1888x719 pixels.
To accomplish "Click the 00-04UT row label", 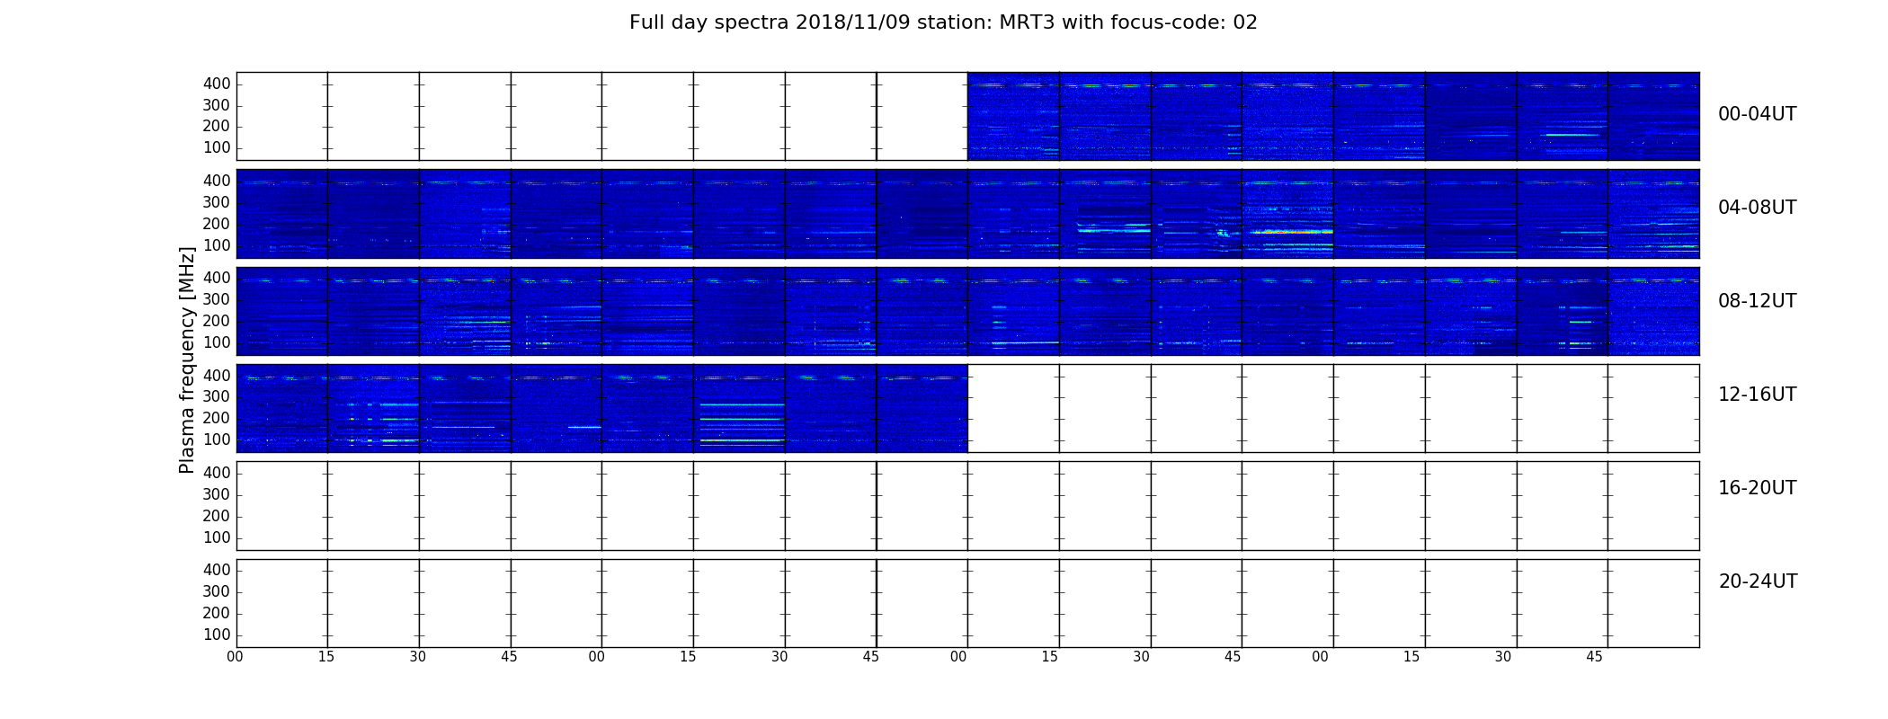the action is pos(1757,114).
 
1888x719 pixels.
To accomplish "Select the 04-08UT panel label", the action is pos(1757,208).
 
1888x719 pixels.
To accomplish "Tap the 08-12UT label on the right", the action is pos(1757,301).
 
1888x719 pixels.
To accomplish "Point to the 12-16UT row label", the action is pos(1757,395).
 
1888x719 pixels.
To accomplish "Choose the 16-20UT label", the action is pos(1757,488).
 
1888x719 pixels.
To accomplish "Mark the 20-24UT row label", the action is pos(1758,581).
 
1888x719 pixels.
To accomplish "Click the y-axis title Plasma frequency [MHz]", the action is pos(187,359).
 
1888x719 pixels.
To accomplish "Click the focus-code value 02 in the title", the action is pos(1246,22).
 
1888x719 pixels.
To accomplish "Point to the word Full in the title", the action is pos(646,22).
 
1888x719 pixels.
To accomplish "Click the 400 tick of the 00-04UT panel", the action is pos(217,84).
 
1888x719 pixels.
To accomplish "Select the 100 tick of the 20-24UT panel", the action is pos(217,635).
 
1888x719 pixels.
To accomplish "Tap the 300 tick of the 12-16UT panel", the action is pos(217,396).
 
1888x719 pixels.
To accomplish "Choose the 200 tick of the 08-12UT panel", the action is pos(217,321).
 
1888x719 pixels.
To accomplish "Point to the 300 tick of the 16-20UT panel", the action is pos(217,494).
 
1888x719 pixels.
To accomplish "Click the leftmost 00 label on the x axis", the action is pos(235,657).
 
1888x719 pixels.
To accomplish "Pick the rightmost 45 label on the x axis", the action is pos(1594,657).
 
